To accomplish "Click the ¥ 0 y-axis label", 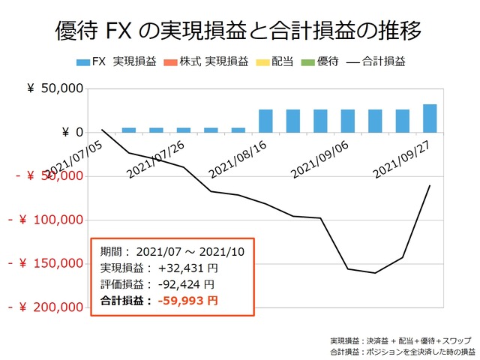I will [67, 132].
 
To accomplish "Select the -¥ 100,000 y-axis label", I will [45, 220].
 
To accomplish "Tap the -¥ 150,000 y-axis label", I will [45, 263].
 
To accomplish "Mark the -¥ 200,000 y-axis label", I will [45, 307].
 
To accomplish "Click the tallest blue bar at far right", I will [430, 118].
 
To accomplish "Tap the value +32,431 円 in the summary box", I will [187, 268].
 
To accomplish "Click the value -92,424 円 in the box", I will [185, 284].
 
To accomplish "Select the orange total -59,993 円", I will [187, 301].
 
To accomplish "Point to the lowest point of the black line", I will [375, 273].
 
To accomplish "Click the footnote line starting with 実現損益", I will [402, 340].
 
